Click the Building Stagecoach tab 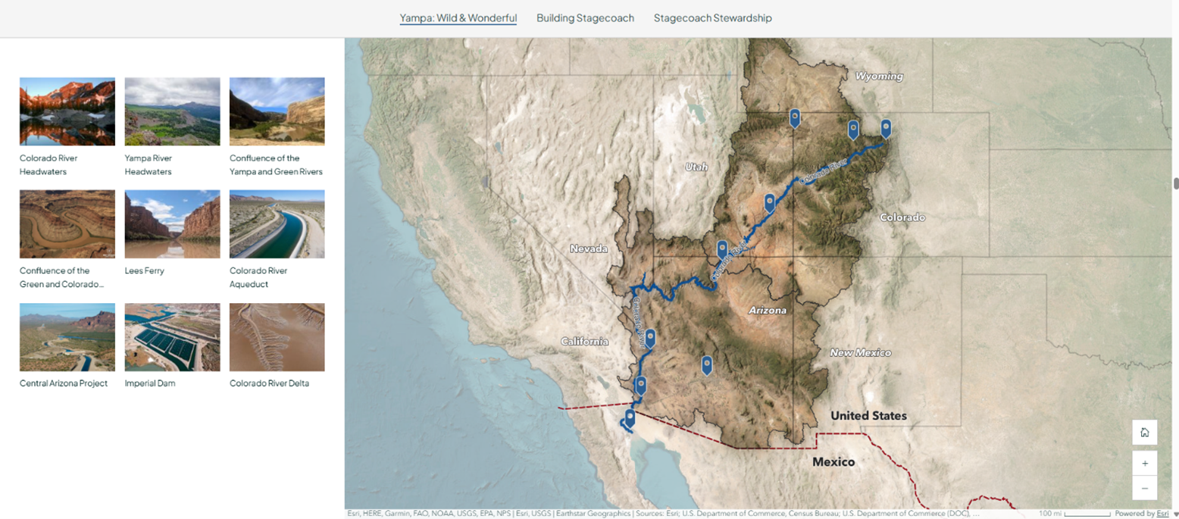585,18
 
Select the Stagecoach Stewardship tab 712,18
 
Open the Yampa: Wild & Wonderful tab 458,18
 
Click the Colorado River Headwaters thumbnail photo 67,111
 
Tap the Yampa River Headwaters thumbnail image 172,111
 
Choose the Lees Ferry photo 172,224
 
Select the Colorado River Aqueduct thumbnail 277,224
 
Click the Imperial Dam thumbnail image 172,337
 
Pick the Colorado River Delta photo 277,337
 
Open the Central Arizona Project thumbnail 67,337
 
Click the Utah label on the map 696,167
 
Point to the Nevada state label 589,249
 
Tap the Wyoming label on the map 879,77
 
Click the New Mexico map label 860,353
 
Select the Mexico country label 833,462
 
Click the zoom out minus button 1144,489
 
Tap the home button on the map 1144,433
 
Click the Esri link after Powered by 1162,514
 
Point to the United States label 868,416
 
